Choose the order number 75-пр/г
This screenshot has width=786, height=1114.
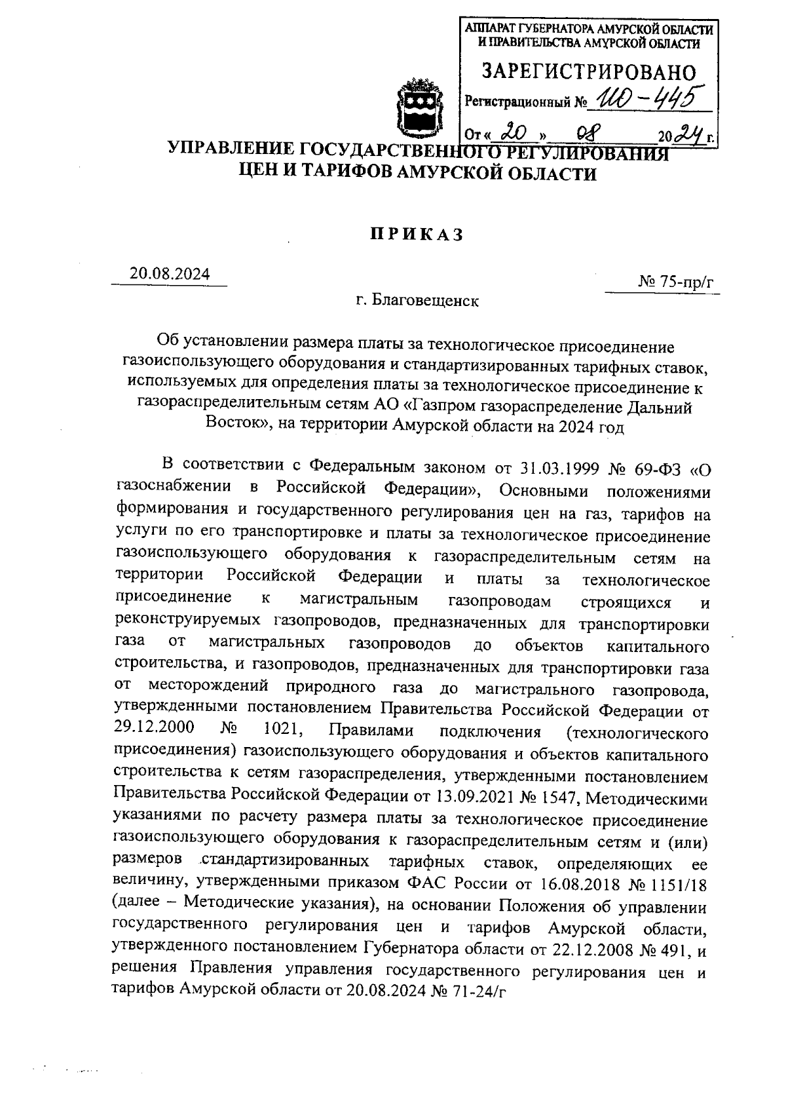point(684,282)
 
